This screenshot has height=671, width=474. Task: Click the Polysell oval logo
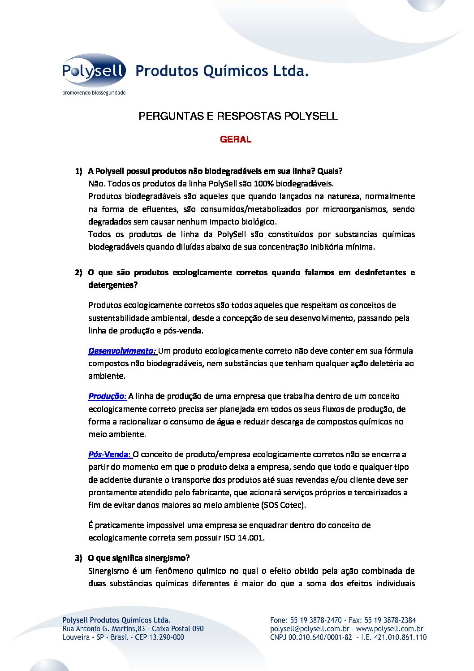tap(94, 70)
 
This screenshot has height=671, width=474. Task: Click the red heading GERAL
tap(236, 139)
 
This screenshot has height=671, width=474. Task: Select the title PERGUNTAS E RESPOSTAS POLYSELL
tap(238, 116)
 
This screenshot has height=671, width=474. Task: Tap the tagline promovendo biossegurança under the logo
tap(94, 93)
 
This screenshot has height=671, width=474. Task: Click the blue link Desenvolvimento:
tap(122, 351)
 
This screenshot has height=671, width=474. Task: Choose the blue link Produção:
tap(108, 396)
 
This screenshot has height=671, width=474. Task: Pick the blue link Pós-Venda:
tap(110, 455)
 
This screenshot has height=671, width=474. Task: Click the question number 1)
tap(78, 171)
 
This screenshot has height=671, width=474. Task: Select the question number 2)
tap(78, 273)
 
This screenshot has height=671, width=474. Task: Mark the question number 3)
tap(78, 558)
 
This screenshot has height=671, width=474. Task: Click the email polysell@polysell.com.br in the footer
tap(310, 629)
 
